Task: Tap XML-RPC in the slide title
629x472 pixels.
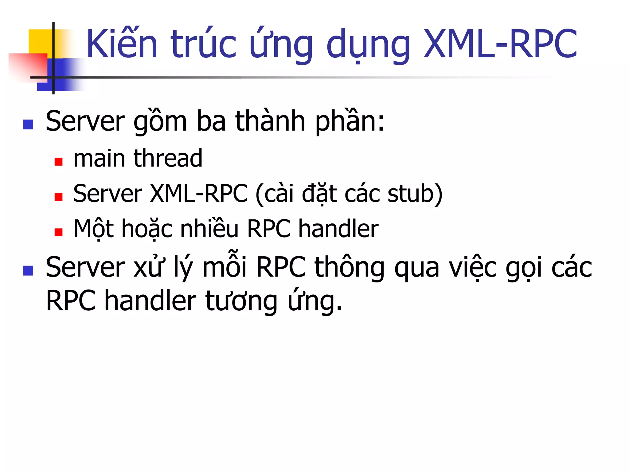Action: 500,44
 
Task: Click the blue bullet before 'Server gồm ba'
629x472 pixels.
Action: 28,124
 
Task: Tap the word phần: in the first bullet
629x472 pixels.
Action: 350,121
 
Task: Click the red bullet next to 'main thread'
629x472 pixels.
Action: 58,162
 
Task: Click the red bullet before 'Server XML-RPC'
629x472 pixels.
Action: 58,197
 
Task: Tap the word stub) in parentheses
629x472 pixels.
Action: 415,194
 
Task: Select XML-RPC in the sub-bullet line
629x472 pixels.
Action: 199,194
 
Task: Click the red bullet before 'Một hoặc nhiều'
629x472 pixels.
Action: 58,232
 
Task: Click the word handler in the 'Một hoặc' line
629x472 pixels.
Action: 338,229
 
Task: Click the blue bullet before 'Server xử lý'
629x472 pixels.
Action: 28,271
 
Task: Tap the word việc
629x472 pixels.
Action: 473,267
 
